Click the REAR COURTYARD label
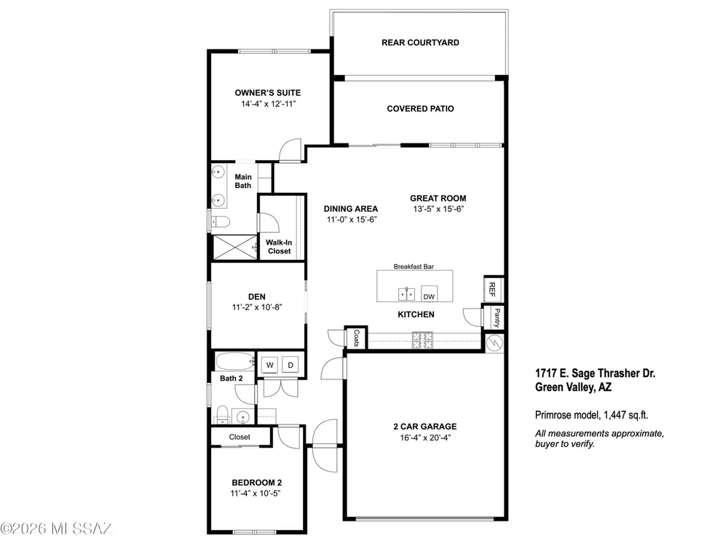(420, 43)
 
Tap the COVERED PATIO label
(420, 108)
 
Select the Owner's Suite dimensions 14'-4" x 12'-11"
(268, 104)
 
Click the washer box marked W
(270, 365)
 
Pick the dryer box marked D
(290, 365)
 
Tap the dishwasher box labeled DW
(429, 294)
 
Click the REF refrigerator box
(492, 289)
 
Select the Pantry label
(496, 317)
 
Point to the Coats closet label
(357, 338)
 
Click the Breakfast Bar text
(414, 266)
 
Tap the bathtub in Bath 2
(234, 361)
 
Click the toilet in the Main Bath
(221, 223)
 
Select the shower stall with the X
(234, 248)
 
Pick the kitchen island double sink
(407, 294)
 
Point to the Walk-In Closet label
(279, 247)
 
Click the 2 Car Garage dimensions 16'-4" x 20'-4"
(425, 438)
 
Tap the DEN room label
(257, 297)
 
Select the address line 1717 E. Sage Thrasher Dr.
(596, 373)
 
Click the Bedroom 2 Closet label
(240, 437)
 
